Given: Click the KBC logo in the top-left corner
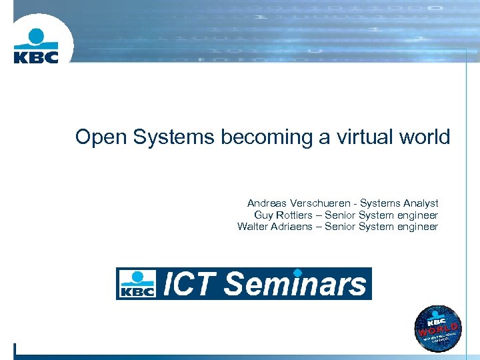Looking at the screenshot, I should point(36,45).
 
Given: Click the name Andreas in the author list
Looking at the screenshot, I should point(266,203).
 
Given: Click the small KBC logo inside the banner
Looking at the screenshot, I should point(137,283).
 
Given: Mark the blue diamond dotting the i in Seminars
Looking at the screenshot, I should point(298,272).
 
